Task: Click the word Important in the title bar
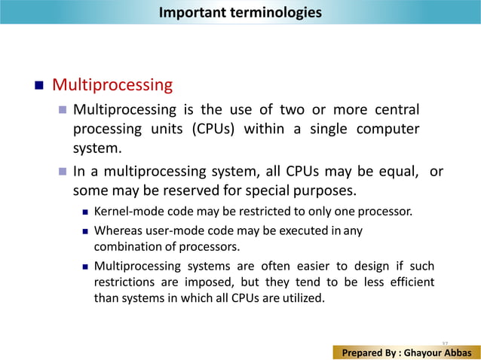click(188, 13)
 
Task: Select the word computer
click(388, 129)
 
